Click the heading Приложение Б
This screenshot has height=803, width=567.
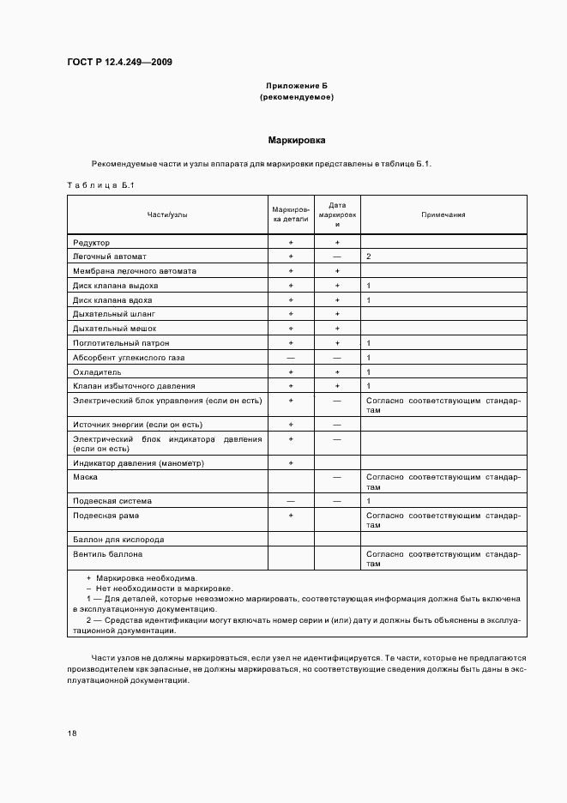296,86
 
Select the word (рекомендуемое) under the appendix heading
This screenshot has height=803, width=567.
296,97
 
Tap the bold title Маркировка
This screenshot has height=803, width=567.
296,139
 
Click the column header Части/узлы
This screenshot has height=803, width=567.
167,214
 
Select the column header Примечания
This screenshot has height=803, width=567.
443,214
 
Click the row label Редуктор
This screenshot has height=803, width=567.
92,243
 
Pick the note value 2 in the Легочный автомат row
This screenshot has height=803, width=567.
368,257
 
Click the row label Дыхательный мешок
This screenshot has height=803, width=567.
111,329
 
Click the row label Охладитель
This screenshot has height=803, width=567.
97,372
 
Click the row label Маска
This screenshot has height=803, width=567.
85,476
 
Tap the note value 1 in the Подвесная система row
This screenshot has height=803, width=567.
368,500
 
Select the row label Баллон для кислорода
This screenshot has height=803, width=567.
118,540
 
